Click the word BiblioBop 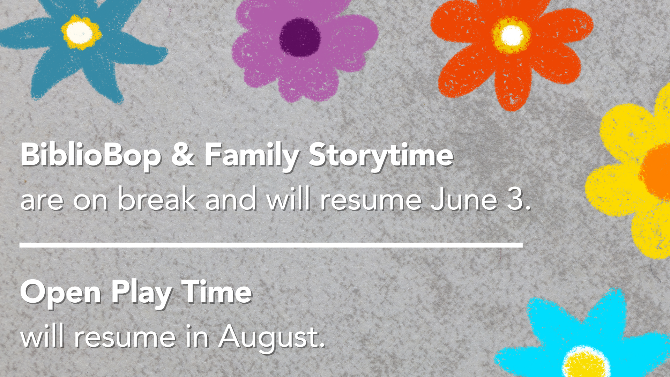[91, 155]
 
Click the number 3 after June [515, 199]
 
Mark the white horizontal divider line [271, 245]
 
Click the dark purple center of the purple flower [300, 37]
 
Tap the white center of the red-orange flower [511, 35]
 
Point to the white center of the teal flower [80, 32]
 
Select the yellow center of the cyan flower [586, 364]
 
